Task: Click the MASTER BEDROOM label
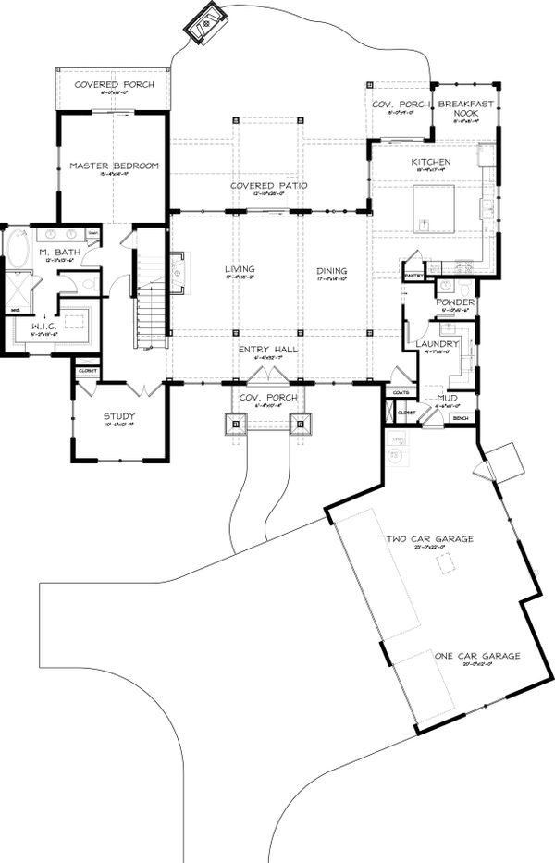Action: click(x=114, y=166)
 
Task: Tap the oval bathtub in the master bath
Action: click(x=18, y=251)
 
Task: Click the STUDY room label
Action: click(x=118, y=415)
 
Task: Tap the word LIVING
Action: click(x=239, y=270)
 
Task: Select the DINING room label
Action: click(x=331, y=271)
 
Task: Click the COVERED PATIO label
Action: click(x=268, y=186)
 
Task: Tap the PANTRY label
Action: click(x=412, y=274)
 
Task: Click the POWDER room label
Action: click(x=455, y=302)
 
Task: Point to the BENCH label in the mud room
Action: click(x=460, y=418)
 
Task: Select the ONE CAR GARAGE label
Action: click(x=477, y=656)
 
